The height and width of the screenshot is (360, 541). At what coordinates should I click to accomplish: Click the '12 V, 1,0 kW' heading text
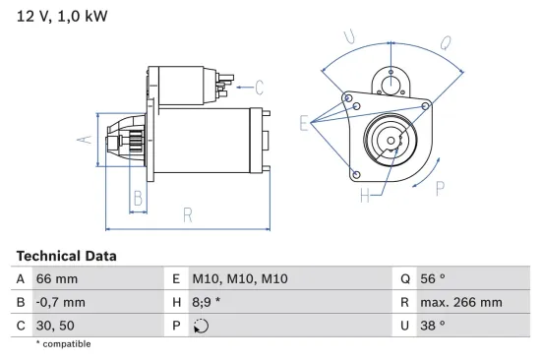60,17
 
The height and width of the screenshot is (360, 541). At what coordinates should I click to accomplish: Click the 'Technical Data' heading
66,256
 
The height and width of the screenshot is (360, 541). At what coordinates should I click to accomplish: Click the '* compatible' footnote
63,344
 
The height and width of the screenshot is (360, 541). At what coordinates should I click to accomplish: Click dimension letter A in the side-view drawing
86,140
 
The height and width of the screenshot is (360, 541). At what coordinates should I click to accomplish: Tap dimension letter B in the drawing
138,198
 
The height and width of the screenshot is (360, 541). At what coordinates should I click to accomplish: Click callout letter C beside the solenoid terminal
259,86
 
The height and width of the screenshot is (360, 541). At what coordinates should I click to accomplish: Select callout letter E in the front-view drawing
304,123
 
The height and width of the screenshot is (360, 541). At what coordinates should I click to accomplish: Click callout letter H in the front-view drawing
366,196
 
